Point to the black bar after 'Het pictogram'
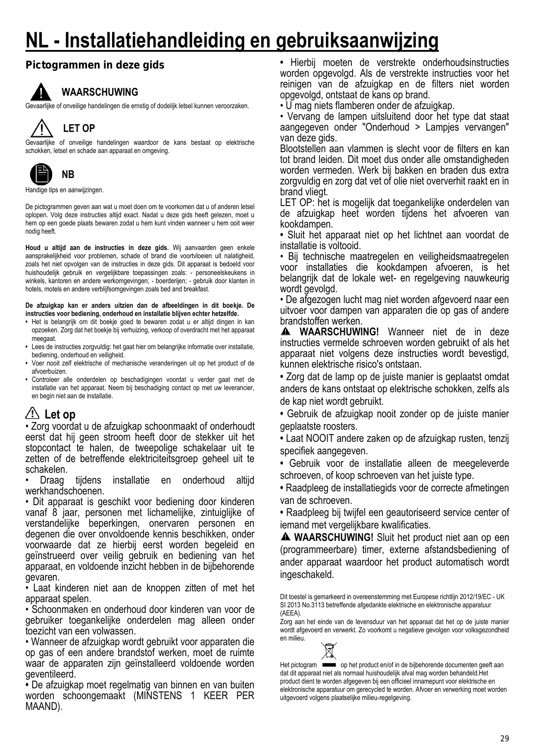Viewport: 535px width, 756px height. click(x=329, y=665)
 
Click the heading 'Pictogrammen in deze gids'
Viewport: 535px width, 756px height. click(x=95, y=66)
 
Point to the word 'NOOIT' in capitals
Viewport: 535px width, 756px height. click(x=319, y=439)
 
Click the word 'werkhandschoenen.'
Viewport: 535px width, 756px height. click(x=65, y=491)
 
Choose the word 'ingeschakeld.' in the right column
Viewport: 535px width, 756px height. click(x=307, y=575)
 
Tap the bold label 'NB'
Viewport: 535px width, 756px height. click(x=68, y=175)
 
